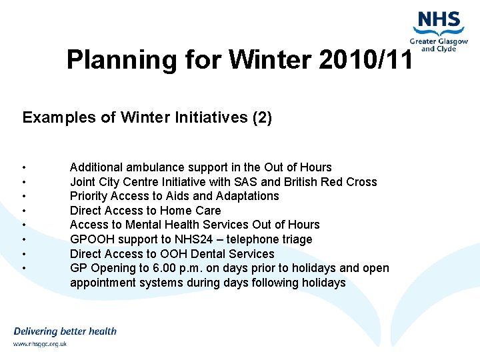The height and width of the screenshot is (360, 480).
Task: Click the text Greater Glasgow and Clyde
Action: [x=438, y=45]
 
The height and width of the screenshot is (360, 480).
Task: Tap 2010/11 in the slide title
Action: [x=366, y=60]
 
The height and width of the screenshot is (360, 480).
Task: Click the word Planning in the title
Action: [x=121, y=60]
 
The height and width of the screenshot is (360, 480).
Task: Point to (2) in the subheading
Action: [x=261, y=118]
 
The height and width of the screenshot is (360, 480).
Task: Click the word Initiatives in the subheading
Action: [x=207, y=118]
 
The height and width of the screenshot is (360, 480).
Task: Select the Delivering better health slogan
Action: [x=65, y=331]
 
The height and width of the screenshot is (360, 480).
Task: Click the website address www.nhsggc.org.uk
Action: [x=40, y=344]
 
